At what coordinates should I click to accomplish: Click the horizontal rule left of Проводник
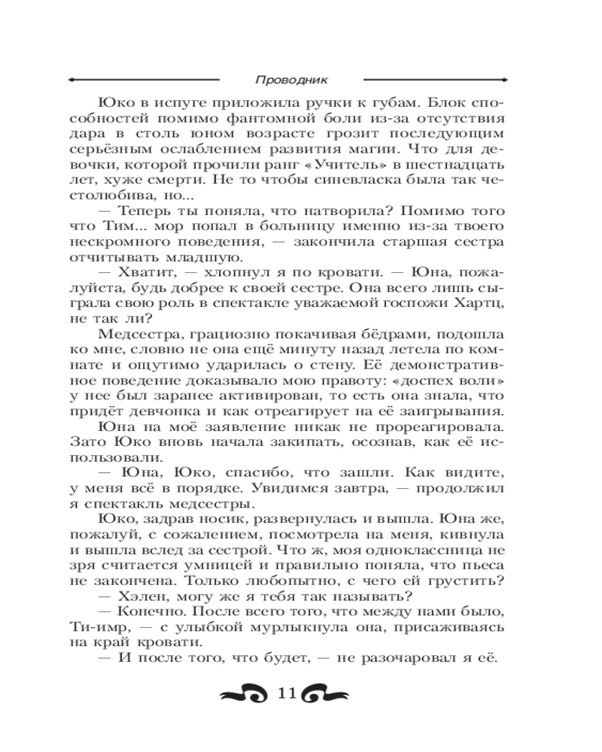[143, 78]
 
